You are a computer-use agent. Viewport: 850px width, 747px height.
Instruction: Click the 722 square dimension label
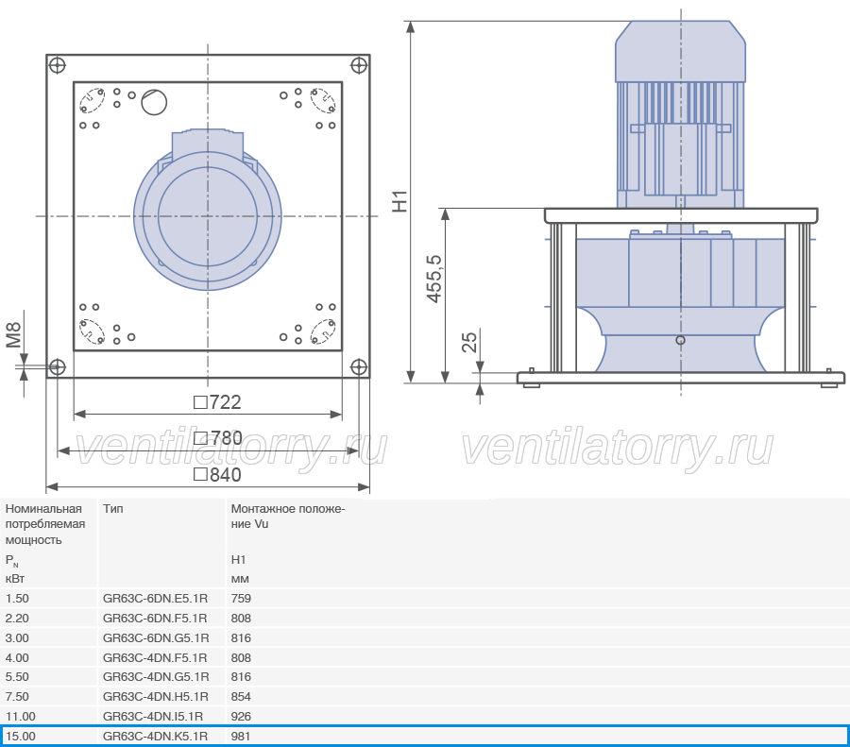tap(217, 402)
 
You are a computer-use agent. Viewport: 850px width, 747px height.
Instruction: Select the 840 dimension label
tap(217, 475)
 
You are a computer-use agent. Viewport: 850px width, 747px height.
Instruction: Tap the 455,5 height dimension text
tap(434, 279)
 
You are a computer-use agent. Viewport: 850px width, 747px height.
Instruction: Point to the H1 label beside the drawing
tap(399, 201)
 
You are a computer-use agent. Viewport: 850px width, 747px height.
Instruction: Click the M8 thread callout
tap(13, 335)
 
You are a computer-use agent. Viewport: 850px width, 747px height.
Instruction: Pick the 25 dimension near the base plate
tap(469, 342)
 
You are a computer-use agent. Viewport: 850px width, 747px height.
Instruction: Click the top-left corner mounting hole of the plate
tap(57, 65)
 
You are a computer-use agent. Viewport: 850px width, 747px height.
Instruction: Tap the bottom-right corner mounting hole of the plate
tap(359, 367)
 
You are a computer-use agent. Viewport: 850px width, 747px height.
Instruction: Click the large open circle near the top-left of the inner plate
tap(154, 101)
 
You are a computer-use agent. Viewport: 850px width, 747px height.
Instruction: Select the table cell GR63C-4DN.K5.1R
tap(155, 737)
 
